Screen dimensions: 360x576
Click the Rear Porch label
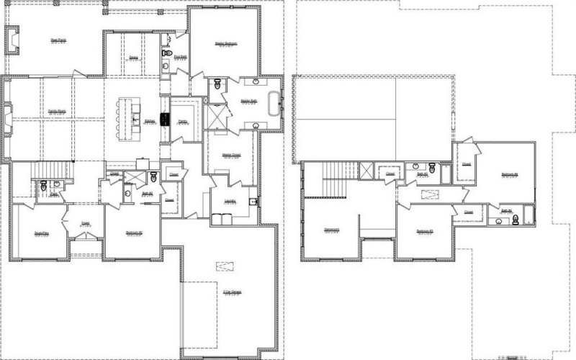click(58, 40)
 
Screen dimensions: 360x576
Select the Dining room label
click(134, 57)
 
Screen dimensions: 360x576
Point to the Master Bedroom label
click(225, 44)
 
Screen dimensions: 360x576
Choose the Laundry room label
click(230, 203)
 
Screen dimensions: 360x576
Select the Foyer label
click(85, 223)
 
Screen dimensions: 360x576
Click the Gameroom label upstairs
click(332, 230)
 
